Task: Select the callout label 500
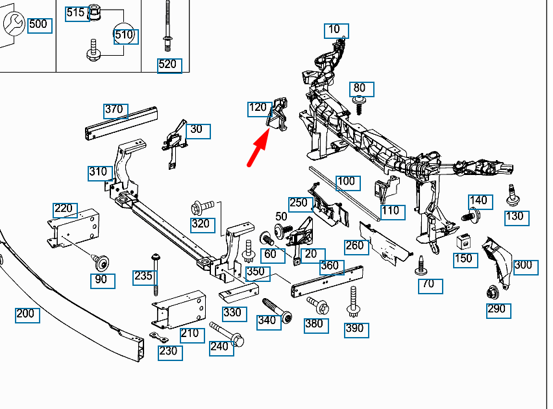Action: (38, 25)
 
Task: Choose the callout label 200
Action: (27, 315)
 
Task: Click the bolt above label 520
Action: (168, 26)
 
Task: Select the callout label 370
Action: (115, 110)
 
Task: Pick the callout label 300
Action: (523, 266)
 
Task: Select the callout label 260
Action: (355, 246)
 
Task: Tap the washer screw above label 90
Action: (100, 262)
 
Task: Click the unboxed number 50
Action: (281, 216)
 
